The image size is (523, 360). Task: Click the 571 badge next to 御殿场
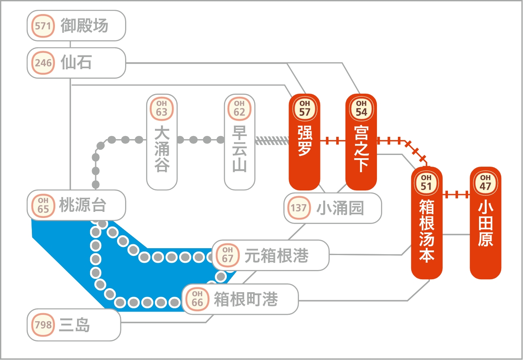43,26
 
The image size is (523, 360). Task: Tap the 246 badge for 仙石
43,63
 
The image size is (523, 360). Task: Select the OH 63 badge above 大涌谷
161,109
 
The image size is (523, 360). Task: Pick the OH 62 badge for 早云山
239,109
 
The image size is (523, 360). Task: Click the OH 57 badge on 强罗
304,109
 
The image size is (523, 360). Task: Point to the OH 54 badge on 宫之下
361,109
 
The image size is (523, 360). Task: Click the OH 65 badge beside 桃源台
43,206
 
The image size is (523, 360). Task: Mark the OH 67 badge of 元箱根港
228,255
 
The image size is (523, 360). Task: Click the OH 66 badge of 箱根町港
197,299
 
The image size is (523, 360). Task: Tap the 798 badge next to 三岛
43,325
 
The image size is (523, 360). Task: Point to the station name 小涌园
340,208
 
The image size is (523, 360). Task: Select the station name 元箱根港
277,255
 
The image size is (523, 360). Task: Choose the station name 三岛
75,325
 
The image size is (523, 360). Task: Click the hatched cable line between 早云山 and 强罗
272,140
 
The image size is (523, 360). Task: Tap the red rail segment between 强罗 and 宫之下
333,141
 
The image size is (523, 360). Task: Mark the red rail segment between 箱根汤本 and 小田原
456,195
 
